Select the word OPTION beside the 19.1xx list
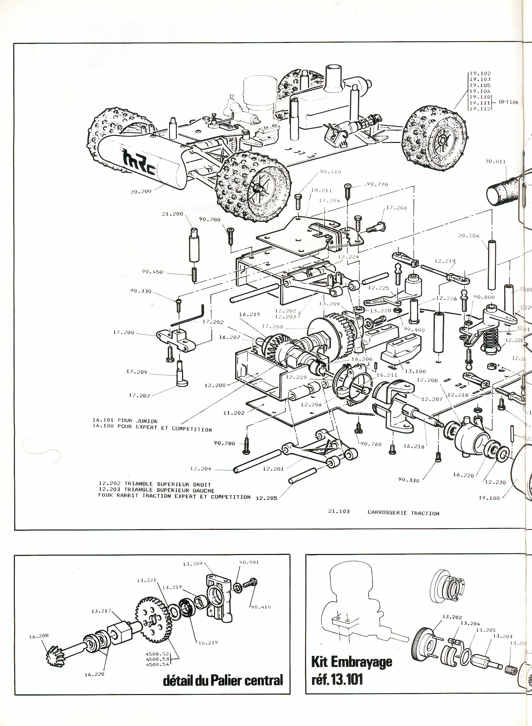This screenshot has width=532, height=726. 508,102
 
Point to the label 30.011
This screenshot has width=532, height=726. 495,161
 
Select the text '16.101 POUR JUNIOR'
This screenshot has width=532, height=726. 125,421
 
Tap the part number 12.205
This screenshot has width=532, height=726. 266,507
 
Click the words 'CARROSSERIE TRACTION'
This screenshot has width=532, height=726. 403,522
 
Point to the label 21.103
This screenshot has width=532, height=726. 339,520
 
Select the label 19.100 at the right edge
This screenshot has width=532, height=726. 489,507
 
